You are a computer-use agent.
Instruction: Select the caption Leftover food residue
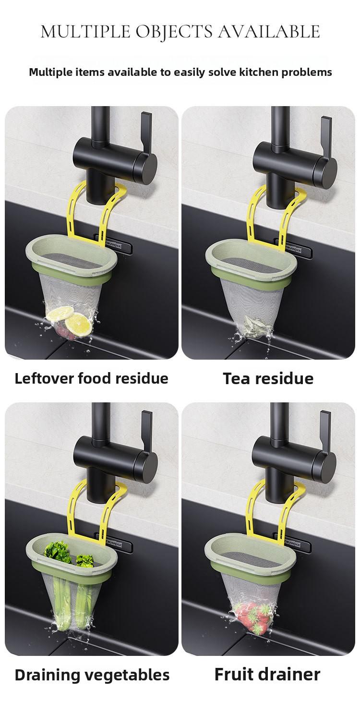tap(91, 378)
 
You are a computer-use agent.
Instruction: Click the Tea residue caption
tap(268, 378)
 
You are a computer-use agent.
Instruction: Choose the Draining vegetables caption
tap(92, 675)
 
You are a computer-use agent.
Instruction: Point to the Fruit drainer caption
tap(267, 674)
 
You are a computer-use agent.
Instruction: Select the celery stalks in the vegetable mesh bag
tap(62, 603)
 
